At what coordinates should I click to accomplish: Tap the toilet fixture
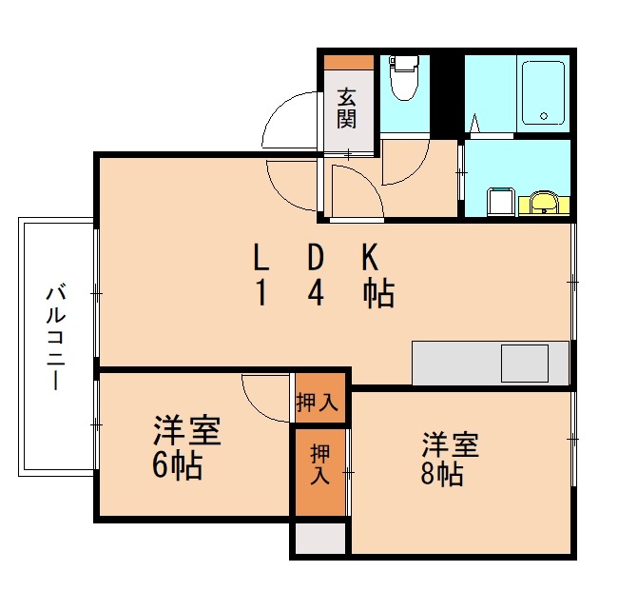tap(404, 79)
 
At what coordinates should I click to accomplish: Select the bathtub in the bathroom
tap(543, 91)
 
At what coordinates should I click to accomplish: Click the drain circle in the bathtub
tap(544, 116)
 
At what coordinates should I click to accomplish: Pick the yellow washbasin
tap(544, 202)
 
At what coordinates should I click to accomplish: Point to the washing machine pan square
tap(500, 202)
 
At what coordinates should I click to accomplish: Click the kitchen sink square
tap(525, 364)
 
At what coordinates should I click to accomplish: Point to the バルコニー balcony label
tap(56, 337)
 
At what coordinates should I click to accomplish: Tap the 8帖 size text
tap(443, 474)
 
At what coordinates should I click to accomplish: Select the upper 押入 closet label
tap(317, 403)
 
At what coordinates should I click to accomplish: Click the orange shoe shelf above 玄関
tap(348, 62)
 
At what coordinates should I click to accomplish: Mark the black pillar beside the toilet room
tap(443, 95)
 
